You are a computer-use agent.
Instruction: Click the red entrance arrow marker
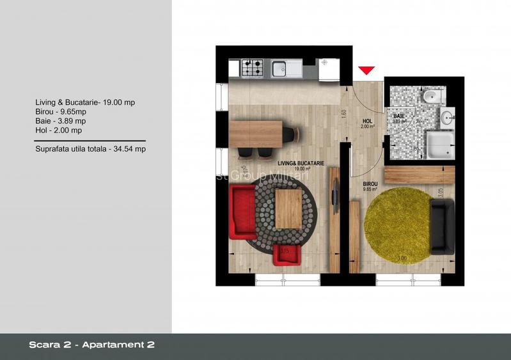coord(366,70)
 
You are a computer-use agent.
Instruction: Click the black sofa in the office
coord(442,226)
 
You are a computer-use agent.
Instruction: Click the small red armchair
coord(285,254)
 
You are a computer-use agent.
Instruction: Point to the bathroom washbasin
coord(448,117)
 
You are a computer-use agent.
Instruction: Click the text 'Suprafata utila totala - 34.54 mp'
coord(91,149)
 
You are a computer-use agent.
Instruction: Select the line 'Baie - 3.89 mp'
coord(61,121)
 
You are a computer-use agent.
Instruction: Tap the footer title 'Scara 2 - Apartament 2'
coord(91,345)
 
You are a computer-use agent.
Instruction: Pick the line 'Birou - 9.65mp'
coord(62,111)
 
